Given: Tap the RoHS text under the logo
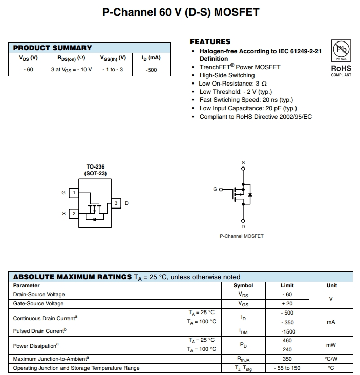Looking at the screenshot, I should [341, 68].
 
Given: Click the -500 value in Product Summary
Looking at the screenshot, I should [152, 70].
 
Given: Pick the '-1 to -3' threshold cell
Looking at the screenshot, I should [113, 70].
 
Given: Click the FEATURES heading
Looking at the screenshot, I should [210, 41].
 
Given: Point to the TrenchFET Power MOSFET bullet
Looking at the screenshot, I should [240, 67].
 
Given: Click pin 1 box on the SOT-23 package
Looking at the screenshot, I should [74, 193].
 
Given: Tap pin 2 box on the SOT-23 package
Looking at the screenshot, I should [74, 213].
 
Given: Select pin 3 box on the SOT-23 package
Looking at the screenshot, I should [116, 203].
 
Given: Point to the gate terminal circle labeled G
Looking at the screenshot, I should [221, 190].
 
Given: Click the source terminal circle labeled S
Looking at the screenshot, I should [243, 168].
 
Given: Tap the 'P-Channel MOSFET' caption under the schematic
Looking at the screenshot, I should [241, 236].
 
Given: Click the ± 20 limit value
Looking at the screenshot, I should [287, 304].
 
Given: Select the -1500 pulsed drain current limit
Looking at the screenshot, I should [287, 331].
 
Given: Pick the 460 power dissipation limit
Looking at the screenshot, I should [287, 341].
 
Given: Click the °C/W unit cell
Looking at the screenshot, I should [331, 359].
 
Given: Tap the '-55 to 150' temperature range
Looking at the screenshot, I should [287, 368].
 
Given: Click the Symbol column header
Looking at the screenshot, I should [243, 285].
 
